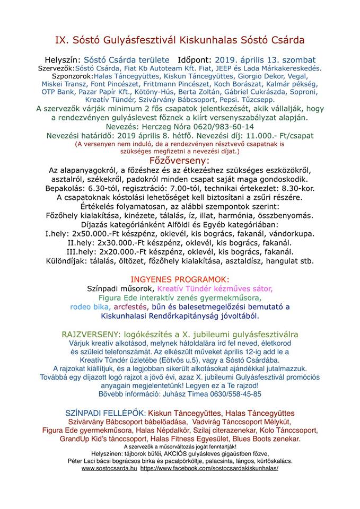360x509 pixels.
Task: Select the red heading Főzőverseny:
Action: [x=180, y=160]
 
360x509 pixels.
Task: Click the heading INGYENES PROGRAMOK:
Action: [x=180, y=279]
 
